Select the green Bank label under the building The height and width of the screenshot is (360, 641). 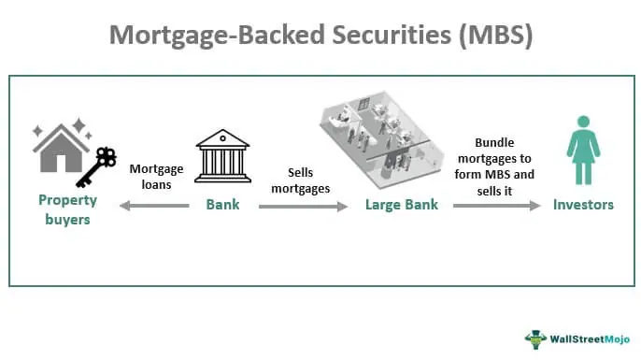221,204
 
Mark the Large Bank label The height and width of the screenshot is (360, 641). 401,204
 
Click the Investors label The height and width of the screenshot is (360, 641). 583,204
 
